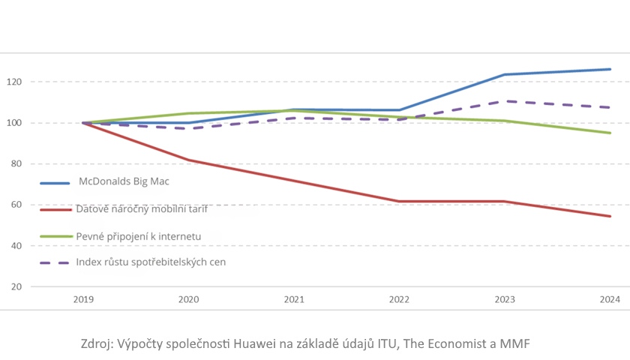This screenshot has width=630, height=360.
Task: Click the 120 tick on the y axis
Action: (15, 82)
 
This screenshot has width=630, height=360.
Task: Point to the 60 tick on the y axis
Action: (15, 205)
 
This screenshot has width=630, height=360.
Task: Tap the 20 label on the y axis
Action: (15, 287)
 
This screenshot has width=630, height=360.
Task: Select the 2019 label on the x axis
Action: (83, 299)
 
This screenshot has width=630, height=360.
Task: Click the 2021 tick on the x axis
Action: (294, 299)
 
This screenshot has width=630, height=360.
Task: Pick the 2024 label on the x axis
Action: (610, 299)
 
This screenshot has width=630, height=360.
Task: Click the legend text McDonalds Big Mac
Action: (124, 181)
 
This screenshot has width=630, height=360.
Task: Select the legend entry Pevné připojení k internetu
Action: (138, 236)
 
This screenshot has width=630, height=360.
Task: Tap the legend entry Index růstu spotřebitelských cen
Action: (150, 262)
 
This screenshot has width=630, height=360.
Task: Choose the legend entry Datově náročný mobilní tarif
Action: (141, 209)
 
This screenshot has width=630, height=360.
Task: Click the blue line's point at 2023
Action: (505, 75)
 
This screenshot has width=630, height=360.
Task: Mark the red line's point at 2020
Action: (188, 160)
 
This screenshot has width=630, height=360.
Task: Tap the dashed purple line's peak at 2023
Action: (505, 101)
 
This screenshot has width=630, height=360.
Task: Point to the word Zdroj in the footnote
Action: (97, 344)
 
